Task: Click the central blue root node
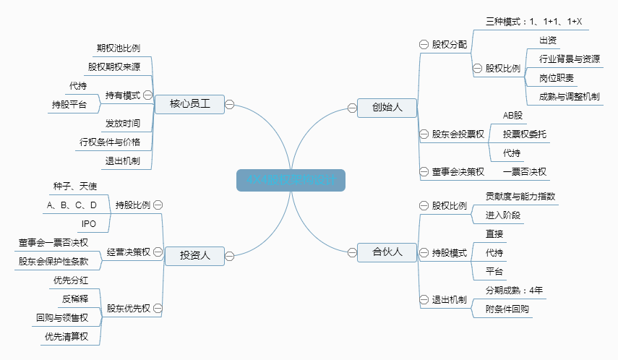pos(291,180)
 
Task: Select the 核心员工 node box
pos(190,104)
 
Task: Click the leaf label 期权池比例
pos(118,48)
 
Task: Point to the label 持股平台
pos(69,105)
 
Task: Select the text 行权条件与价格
pos(110,142)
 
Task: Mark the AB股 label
pos(512,115)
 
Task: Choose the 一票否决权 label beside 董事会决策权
pos(524,171)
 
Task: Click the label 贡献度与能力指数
pos(520,196)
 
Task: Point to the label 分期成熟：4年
pos(514,290)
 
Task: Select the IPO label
pos(88,223)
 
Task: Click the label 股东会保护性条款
pos(53,261)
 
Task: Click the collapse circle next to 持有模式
pos(147,95)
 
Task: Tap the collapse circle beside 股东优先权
pos(157,308)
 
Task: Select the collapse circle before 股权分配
pos(424,44)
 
